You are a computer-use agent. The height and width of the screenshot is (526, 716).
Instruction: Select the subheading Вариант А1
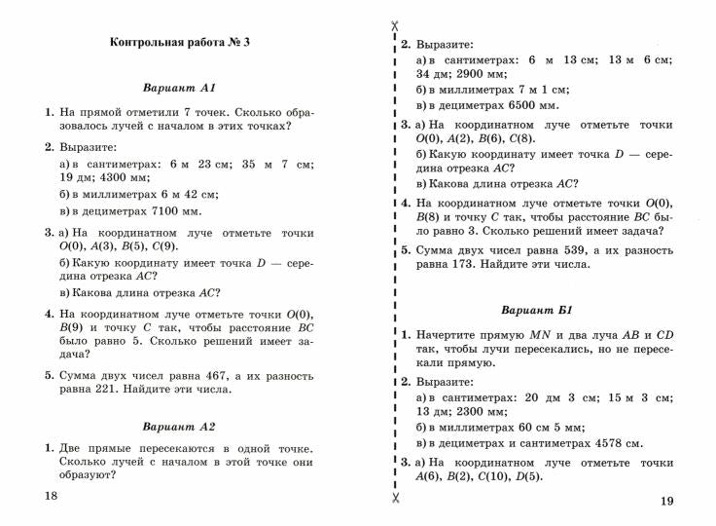pos(179,88)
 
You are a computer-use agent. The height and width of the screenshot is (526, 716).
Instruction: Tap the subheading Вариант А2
pos(179,427)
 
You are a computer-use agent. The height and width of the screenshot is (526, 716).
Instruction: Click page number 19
pos(665,501)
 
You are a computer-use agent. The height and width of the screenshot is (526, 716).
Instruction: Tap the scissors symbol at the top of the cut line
pos(394,26)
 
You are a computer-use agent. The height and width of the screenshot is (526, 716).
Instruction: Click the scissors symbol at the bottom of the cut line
pos(394,499)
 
